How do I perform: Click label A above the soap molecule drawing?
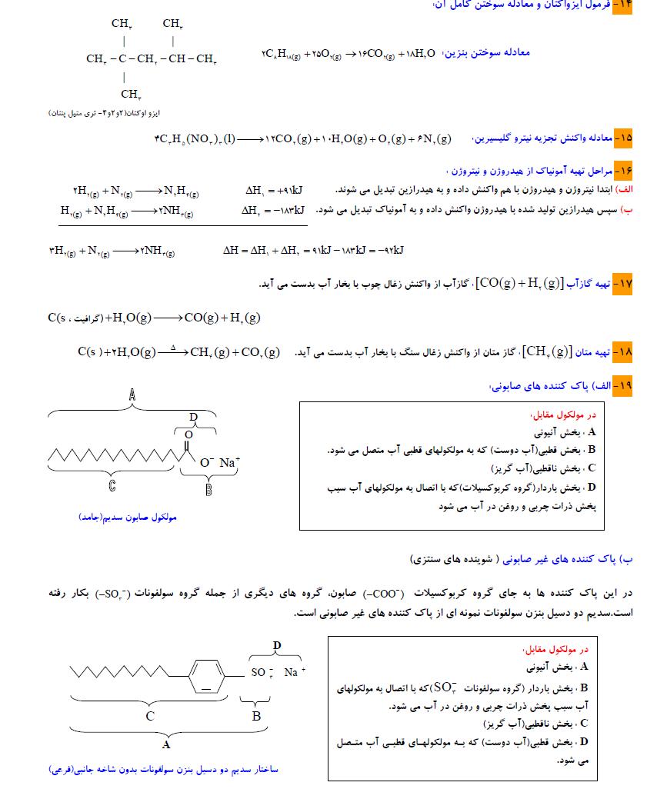132,395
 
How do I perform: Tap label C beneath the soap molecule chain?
112,486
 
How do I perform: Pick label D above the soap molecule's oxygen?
193,417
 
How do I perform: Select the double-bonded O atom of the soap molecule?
188,434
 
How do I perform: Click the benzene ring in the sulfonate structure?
205,671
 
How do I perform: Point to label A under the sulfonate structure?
165,744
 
